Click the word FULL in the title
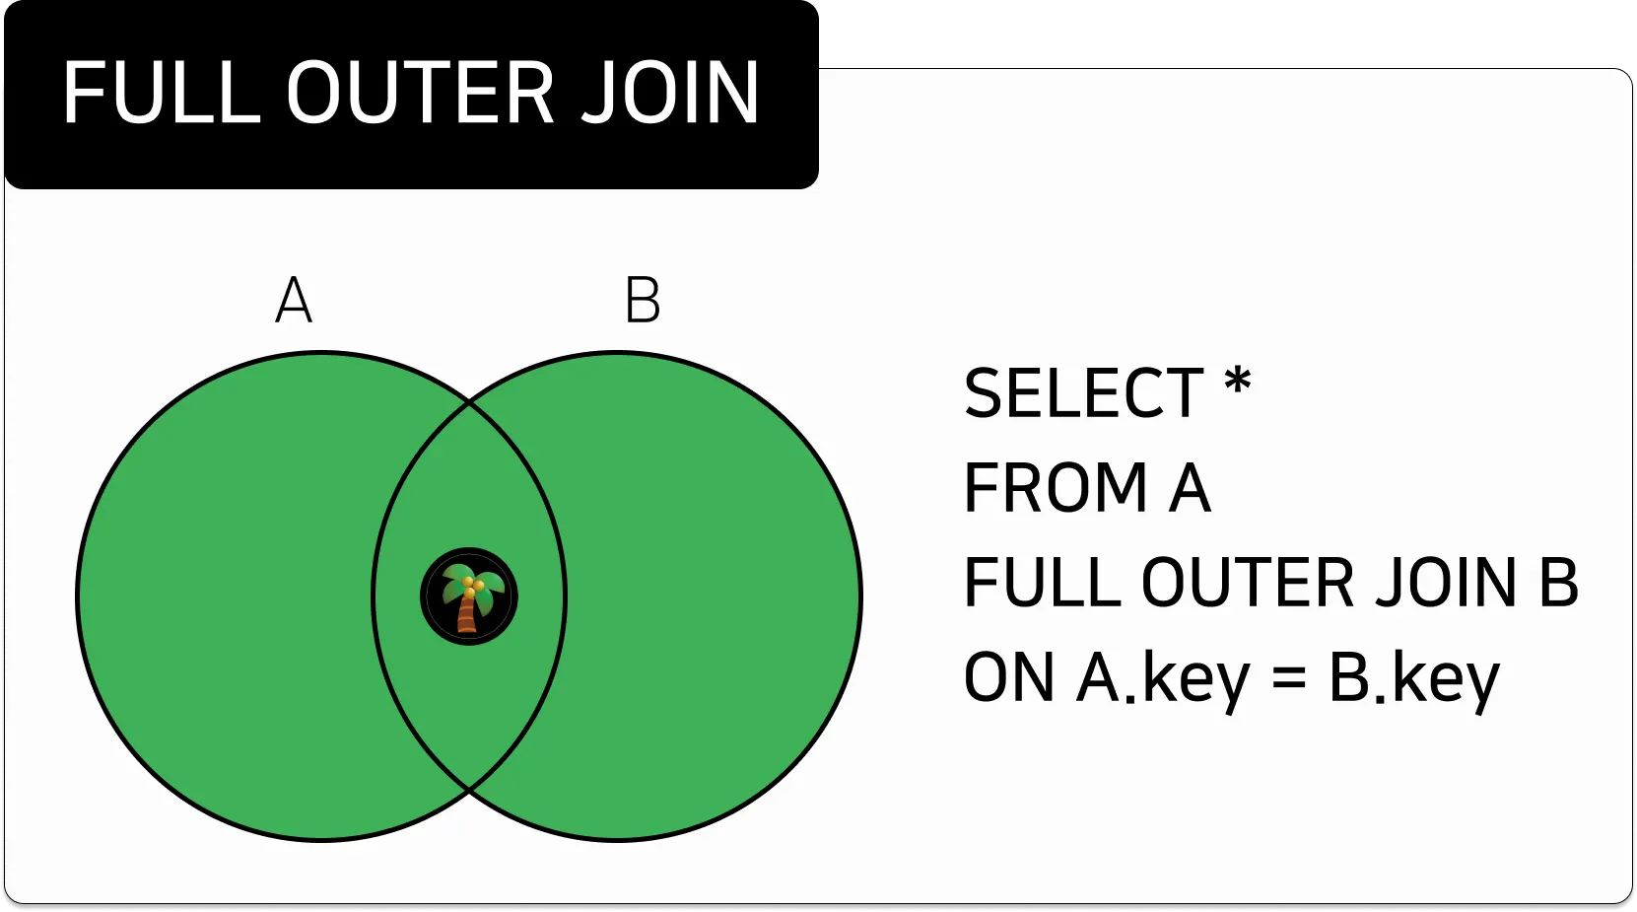162,94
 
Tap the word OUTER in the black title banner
421,94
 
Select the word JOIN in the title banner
670,94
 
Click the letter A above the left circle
294,301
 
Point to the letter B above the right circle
643,301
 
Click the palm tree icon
469,596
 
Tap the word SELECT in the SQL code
1083,394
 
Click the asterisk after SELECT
1237,383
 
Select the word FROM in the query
1056,488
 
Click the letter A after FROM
1190,488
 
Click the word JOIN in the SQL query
1446,583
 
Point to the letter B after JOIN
1558,583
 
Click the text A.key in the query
1163,678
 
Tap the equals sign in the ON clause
1289,678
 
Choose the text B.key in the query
1414,678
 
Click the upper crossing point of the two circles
469,401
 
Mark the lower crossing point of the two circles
469,791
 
